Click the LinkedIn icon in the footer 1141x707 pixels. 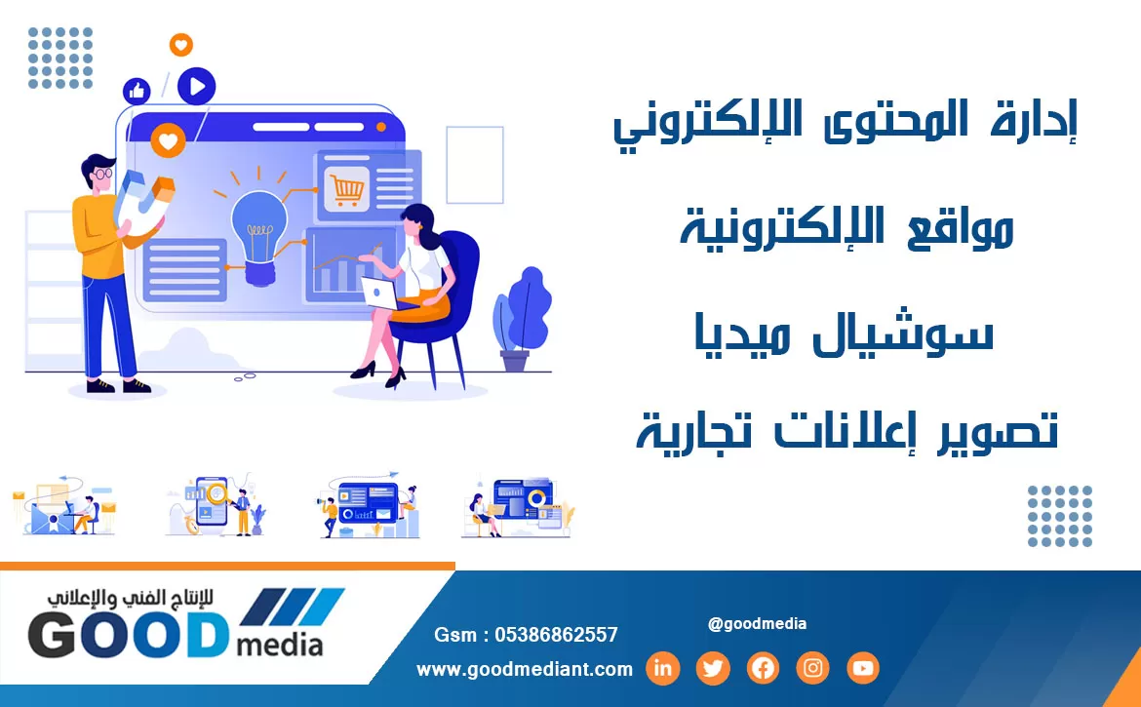[662, 668]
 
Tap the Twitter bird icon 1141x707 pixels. [713, 668]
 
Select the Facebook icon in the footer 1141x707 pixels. [763, 668]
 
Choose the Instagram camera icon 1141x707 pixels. [812, 668]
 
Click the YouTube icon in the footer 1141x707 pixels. [863, 668]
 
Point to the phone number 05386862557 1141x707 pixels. [556, 635]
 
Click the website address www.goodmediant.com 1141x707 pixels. [525, 669]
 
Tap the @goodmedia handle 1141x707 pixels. [757, 623]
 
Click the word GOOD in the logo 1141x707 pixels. [128, 634]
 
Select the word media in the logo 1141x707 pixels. [280, 645]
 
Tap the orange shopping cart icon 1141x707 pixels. [346, 190]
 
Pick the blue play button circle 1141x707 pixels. [196, 86]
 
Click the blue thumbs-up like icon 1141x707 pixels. [137, 92]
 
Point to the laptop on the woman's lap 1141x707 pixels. [381, 295]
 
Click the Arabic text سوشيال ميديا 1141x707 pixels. [845, 334]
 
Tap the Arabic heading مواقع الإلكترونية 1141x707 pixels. [846, 227]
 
